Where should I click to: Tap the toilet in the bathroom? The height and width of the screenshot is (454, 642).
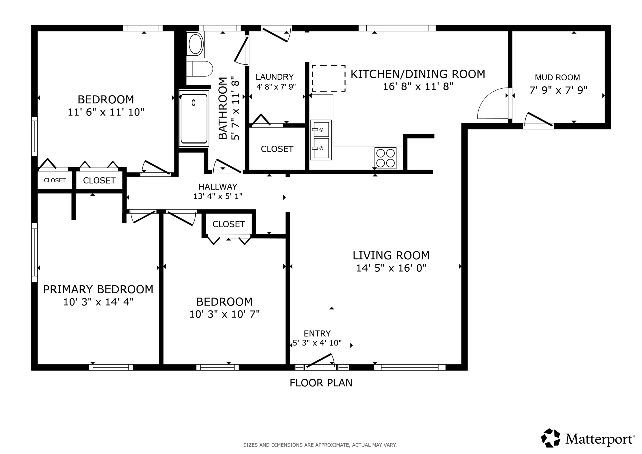[x=199, y=69]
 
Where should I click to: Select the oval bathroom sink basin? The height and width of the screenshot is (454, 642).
[x=195, y=44]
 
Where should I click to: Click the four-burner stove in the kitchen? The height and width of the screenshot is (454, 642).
[x=385, y=158]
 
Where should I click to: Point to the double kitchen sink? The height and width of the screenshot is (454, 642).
[x=321, y=140]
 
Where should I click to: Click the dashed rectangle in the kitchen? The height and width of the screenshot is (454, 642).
[x=329, y=78]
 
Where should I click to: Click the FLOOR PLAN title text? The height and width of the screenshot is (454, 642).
[x=321, y=383]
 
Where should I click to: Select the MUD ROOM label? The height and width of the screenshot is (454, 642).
[x=557, y=78]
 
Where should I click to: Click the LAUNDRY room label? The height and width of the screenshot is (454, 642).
[x=275, y=77]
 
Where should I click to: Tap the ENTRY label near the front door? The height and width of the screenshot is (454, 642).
[x=317, y=333]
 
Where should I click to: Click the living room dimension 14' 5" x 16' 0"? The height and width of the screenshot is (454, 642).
[x=391, y=268]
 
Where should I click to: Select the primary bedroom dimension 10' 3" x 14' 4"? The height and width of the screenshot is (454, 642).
[x=98, y=302]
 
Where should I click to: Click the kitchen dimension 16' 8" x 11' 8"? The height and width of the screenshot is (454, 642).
[x=418, y=86]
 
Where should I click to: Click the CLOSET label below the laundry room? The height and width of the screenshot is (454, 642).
[x=277, y=149]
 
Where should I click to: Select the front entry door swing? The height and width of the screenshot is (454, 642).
[x=320, y=361]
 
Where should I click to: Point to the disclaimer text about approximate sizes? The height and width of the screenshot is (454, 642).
[x=320, y=445]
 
